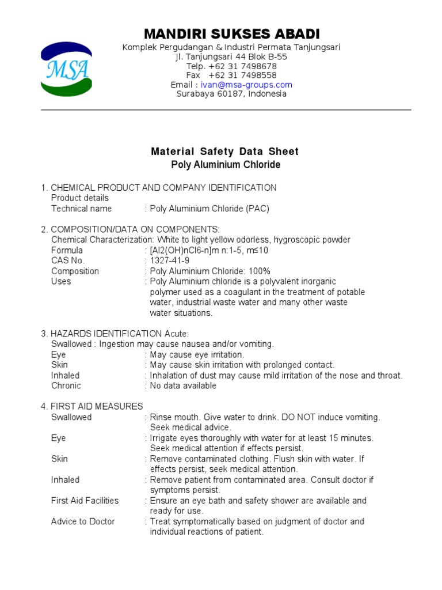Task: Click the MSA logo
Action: pyautogui.click(x=66, y=69)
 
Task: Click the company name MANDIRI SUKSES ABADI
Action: pyautogui.click(x=231, y=33)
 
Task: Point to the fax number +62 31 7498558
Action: pyautogui.click(x=242, y=75)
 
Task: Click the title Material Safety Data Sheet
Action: pyautogui.click(x=224, y=152)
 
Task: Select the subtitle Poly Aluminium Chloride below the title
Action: pyautogui.click(x=226, y=165)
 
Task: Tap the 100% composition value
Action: pyautogui.click(x=259, y=271)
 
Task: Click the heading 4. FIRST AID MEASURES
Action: pyautogui.click(x=92, y=407)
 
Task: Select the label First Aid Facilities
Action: pyautogui.click(x=85, y=501)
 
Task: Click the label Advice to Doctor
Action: pyautogui.click(x=83, y=521)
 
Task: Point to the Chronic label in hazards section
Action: pyautogui.click(x=66, y=385)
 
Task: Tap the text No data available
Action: pyautogui.click(x=183, y=385)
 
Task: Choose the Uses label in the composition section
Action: pyautogui.click(x=61, y=281)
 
